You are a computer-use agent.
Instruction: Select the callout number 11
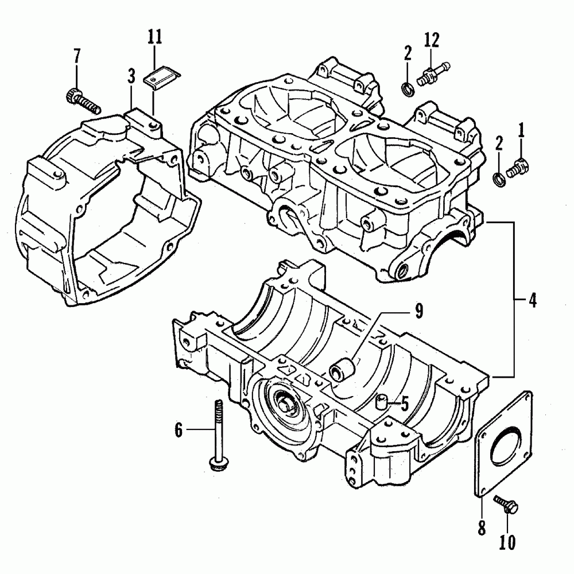pyautogui.click(x=154, y=38)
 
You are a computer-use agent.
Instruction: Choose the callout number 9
pyautogui.click(x=418, y=311)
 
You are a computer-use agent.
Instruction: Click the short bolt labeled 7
pyautogui.click(x=83, y=101)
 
